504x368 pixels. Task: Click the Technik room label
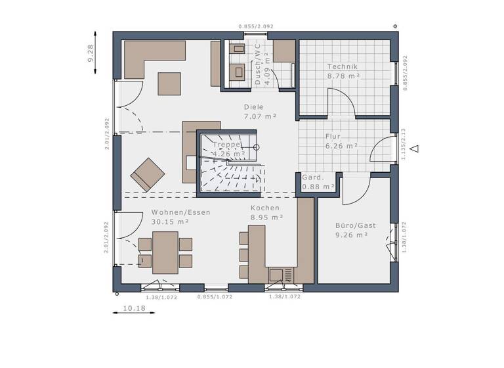(x=342, y=67)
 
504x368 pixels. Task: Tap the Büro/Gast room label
(x=356, y=225)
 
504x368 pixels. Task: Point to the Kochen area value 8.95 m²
(x=266, y=217)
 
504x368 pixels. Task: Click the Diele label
(x=253, y=107)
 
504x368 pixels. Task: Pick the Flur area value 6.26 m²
(x=341, y=146)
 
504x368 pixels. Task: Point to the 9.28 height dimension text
(x=91, y=53)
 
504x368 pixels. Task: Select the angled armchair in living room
(x=148, y=174)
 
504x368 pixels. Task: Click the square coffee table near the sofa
(x=169, y=83)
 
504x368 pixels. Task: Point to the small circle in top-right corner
(x=394, y=26)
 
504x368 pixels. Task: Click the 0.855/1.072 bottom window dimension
(x=215, y=297)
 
